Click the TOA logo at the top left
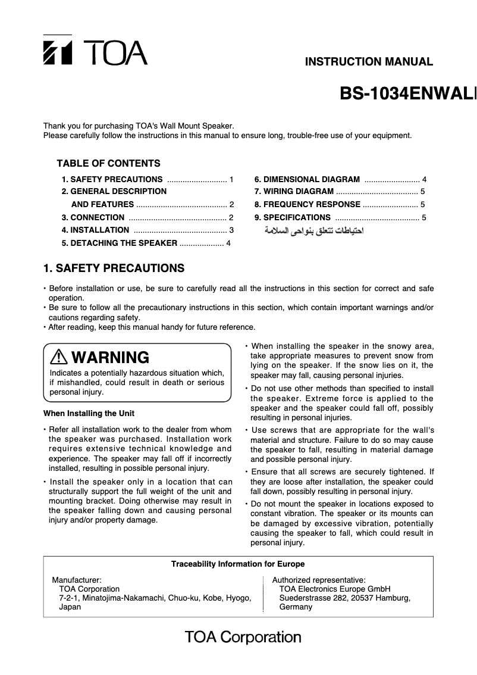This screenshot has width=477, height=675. (x=95, y=52)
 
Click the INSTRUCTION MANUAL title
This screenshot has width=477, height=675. (x=369, y=61)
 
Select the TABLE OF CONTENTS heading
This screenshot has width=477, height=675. (x=108, y=163)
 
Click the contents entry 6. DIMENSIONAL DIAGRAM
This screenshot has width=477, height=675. (x=307, y=179)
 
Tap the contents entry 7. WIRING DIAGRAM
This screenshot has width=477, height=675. (x=294, y=191)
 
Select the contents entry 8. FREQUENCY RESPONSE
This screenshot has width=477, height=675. (x=307, y=204)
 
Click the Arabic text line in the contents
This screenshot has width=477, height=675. (x=314, y=230)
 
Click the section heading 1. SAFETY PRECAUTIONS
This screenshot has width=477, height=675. (x=114, y=268)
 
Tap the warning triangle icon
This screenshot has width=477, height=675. (x=59, y=357)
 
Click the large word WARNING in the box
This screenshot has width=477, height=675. (x=110, y=358)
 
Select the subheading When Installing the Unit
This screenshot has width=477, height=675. (x=89, y=413)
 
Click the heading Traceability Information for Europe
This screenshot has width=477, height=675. (x=238, y=564)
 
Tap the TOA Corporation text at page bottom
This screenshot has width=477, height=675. (x=243, y=637)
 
